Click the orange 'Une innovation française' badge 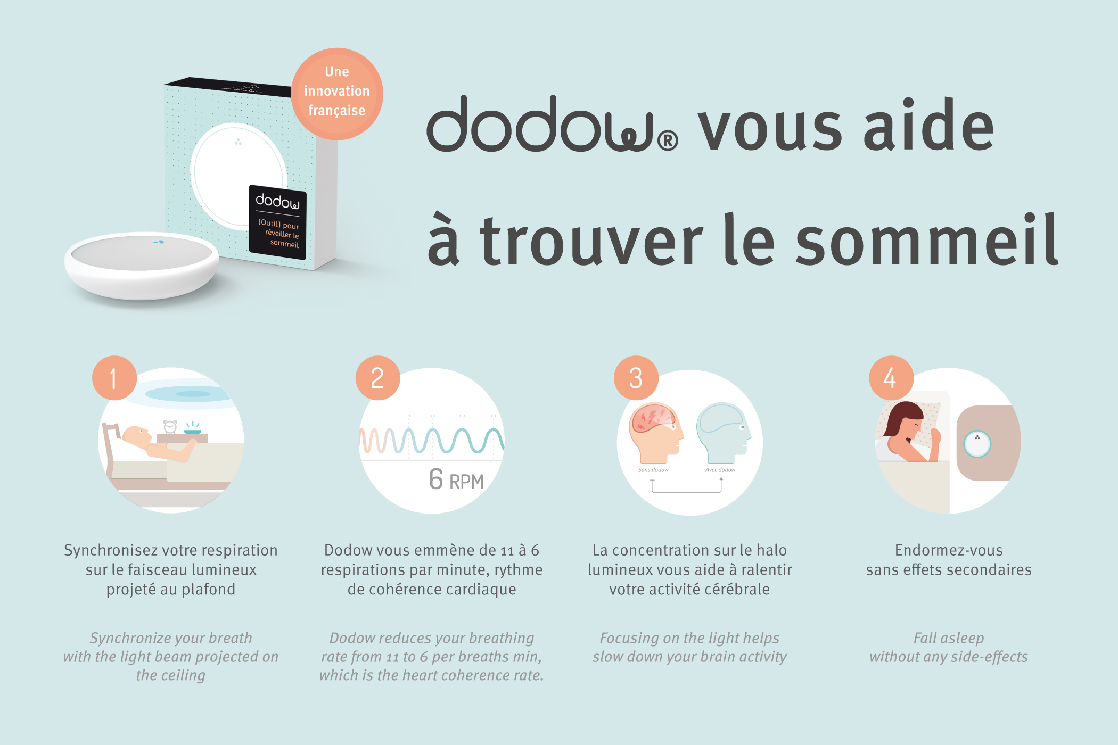(x=337, y=94)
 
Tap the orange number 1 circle (x=114, y=378)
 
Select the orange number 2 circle (x=378, y=378)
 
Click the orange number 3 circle (x=636, y=378)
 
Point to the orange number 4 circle (x=891, y=378)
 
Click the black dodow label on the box (x=277, y=222)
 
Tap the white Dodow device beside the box (x=142, y=265)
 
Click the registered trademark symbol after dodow (x=668, y=140)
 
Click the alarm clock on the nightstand (x=170, y=426)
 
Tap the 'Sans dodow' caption (x=653, y=470)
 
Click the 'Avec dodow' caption (x=720, y=470)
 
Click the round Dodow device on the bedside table (x=977, y=443)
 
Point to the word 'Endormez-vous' (x=949, y=550)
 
